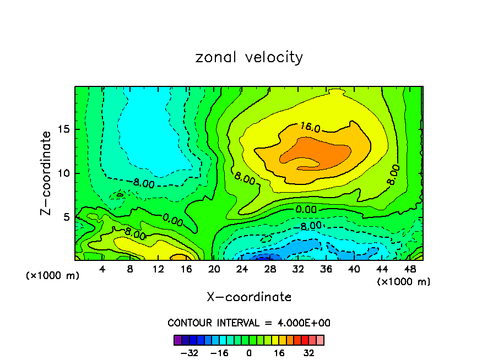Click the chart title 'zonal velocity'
tap(249, 57)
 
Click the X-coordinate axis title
tap(249, 297)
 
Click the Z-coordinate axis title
tap(46, 173)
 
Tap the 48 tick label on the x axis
tap(409, 270)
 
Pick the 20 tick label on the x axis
tap(214, 270)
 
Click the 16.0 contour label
tap(310, 127)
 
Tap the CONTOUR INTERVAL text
tap(249, 323)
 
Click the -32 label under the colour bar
tap(189, 352)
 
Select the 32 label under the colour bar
tap(309, 352)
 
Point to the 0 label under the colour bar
tap(249, 352)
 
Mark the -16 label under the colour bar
tap(219, 352)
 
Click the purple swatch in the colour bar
tap(177, 340)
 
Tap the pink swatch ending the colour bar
tap(320, 340)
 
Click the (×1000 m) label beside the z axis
tap(53, 276)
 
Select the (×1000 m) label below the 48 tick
tap(404, 282)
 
